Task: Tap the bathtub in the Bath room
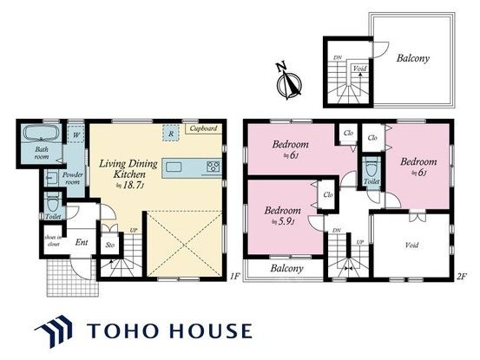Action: (38, 137)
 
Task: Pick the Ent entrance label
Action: (82, 244)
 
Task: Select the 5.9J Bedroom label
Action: (282, 214)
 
